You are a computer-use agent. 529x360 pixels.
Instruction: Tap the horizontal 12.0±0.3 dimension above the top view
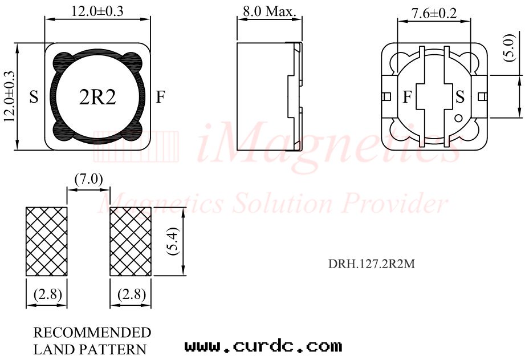(97, 11)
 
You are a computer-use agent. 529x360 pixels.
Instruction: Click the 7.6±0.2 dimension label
(434, 13)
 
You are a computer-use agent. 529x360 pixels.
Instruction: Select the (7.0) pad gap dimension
(88, 179)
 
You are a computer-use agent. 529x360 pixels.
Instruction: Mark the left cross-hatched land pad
(47, 241)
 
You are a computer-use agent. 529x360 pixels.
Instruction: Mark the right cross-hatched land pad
(131, 241)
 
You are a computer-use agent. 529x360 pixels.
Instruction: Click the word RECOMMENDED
(92, 333)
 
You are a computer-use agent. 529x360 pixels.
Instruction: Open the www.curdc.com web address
(263, 346)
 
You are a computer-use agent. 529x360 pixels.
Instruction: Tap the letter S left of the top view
(34, 98)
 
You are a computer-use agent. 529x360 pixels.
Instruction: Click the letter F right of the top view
(161, 98)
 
